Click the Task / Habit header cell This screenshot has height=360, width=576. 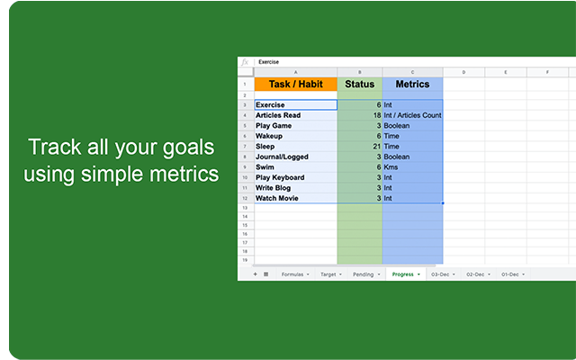pos(295,84)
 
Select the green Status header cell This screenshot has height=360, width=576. pos(359,84)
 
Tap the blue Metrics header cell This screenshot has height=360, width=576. pos(412,84)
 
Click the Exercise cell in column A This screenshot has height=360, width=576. pos(295,105)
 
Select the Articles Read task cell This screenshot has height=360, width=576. pos(295,115)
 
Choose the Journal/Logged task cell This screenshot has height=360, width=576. pos(295,157)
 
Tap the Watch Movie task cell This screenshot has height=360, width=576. pos(295,198)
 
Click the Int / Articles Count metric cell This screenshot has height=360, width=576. pos(412,115)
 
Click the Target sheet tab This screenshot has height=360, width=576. pos(328,274)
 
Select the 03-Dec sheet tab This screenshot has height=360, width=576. pos(441,274)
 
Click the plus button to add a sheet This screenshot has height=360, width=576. pos(255,274)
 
